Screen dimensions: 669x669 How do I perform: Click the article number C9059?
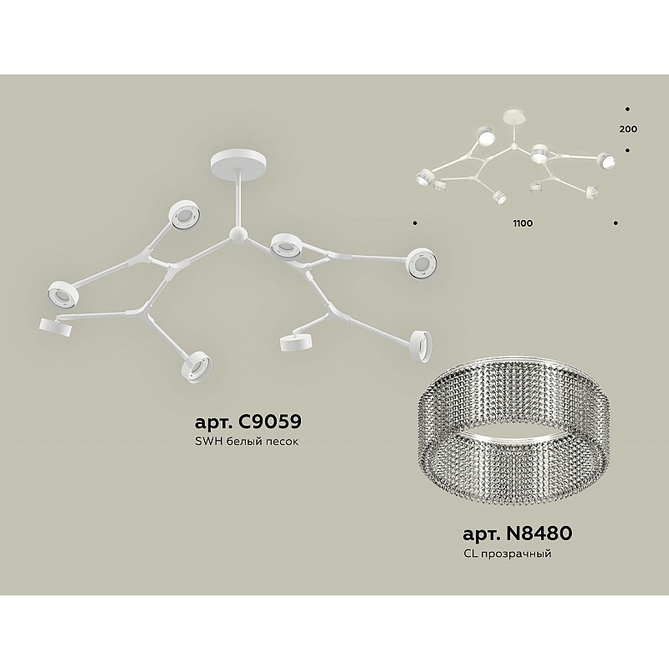[248, 421]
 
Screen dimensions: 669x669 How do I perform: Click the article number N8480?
[518, 534]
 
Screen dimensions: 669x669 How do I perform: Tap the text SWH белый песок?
[246, 442]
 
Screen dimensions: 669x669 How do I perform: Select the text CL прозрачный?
[507, 554]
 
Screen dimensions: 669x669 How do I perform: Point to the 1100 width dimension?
[523, 223]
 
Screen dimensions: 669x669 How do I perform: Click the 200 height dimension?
[628, 129]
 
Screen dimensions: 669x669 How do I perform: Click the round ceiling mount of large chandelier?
[238, 161]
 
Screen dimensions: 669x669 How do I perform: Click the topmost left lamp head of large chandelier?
[184, 215]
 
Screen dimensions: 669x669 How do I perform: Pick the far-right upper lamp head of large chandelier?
[421, 264]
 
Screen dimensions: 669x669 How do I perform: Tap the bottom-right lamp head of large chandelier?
[421, 345]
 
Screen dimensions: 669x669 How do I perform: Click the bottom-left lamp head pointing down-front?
[197, 366]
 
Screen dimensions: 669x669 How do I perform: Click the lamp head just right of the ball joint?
[285, 246]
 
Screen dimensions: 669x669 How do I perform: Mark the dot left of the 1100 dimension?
[415, 222]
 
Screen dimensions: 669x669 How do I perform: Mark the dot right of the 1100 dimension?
[615, 222]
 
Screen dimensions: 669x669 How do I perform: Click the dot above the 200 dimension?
[627, 110]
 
